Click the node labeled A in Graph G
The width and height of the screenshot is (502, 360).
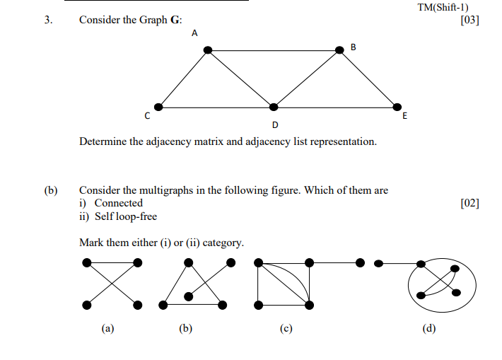208,50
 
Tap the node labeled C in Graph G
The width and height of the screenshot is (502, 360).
158,107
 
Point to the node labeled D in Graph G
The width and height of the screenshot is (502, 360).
274,107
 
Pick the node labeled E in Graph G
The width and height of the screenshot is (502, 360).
396,107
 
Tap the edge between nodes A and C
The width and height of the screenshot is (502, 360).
182,79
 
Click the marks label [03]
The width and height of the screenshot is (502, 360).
469,20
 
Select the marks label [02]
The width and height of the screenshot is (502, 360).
469,204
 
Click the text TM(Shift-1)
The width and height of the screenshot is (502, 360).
443,8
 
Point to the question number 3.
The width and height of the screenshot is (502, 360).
48,21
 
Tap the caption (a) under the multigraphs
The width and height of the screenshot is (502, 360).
107,328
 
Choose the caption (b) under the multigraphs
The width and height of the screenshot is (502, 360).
186,328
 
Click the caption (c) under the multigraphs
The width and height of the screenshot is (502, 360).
286,328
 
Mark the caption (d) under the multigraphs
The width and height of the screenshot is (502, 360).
429,328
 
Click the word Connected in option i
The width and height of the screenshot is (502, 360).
119,204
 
